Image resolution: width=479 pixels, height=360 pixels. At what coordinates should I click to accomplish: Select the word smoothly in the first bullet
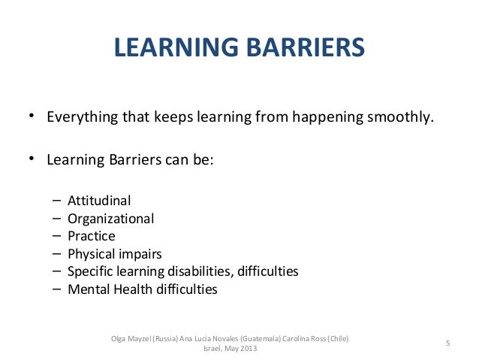404,118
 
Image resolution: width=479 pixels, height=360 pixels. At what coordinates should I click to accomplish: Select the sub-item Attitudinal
99,201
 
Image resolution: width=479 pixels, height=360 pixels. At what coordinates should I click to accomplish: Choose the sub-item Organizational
110,219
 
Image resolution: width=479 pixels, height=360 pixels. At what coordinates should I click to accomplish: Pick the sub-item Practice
91,236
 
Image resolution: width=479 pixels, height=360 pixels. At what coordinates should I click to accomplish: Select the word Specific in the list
89,271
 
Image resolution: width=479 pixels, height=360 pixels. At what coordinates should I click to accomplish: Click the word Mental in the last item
86,289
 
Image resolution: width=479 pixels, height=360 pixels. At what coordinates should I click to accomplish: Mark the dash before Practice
57,236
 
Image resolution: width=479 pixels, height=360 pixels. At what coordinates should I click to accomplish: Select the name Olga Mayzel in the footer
129,337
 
